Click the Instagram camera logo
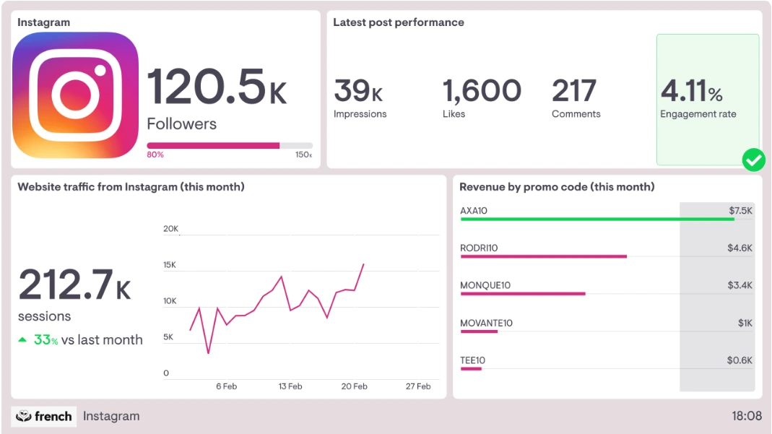click(75, 95)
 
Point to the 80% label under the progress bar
click(155, 155)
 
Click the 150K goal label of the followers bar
click(304, 155)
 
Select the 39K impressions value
click(358, 92)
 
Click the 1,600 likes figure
click(481, 92)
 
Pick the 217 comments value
click(574, 92)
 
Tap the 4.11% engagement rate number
click(691, 92)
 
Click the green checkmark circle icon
click(753, 160)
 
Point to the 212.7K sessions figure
click(74, 285)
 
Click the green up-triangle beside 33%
click(22, 339)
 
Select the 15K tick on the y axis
click(170, 265)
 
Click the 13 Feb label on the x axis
click(290, 386)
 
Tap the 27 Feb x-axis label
click(418, 386)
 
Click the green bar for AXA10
click(597, 219)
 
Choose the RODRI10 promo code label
click(479, 248)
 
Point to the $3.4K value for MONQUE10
click(740, 285)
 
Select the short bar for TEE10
click(471, 369)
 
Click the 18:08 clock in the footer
click(746, 416)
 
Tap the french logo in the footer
click(44, 416)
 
